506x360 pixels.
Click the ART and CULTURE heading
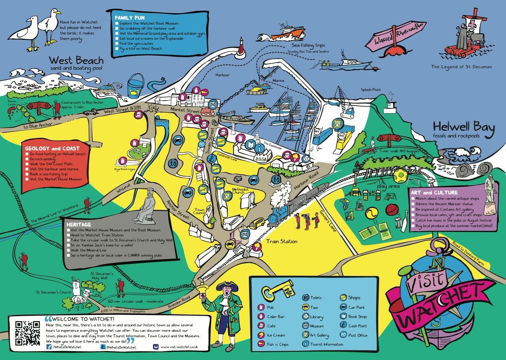pos(432,192)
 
